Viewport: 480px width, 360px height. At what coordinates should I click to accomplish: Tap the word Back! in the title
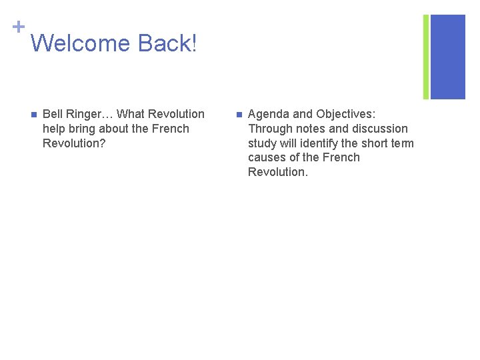[x=167, y=44]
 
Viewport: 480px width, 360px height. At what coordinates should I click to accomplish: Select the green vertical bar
[x=426, y=57]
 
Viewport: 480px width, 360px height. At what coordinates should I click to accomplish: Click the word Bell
[x=53, y=114]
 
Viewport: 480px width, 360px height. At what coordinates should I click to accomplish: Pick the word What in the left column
[x=131, y=114]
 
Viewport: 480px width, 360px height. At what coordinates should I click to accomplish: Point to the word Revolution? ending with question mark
[x=74, y=143]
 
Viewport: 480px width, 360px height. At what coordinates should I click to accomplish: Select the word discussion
[x=378, y=129]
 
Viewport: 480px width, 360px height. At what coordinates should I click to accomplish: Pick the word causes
[x=268, y=158]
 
